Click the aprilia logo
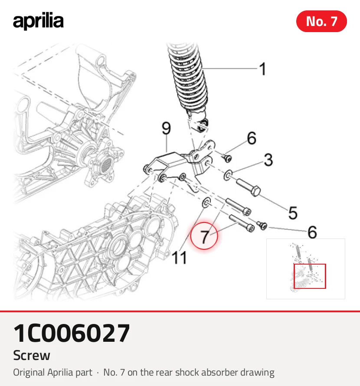coord(38,21)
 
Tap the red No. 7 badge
coord(321,21)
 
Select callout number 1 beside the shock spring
coord(263,69)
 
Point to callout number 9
coord(167,128)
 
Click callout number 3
coord(268,160)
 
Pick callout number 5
coord(293,213)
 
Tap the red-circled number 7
coord(204,236)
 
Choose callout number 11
coord(179,258)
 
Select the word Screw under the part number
coord(32,355)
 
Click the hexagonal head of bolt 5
coord(255,191)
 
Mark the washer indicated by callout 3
coord(228,175)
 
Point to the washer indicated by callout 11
coord(206,203)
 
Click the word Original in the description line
coord(29,373)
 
